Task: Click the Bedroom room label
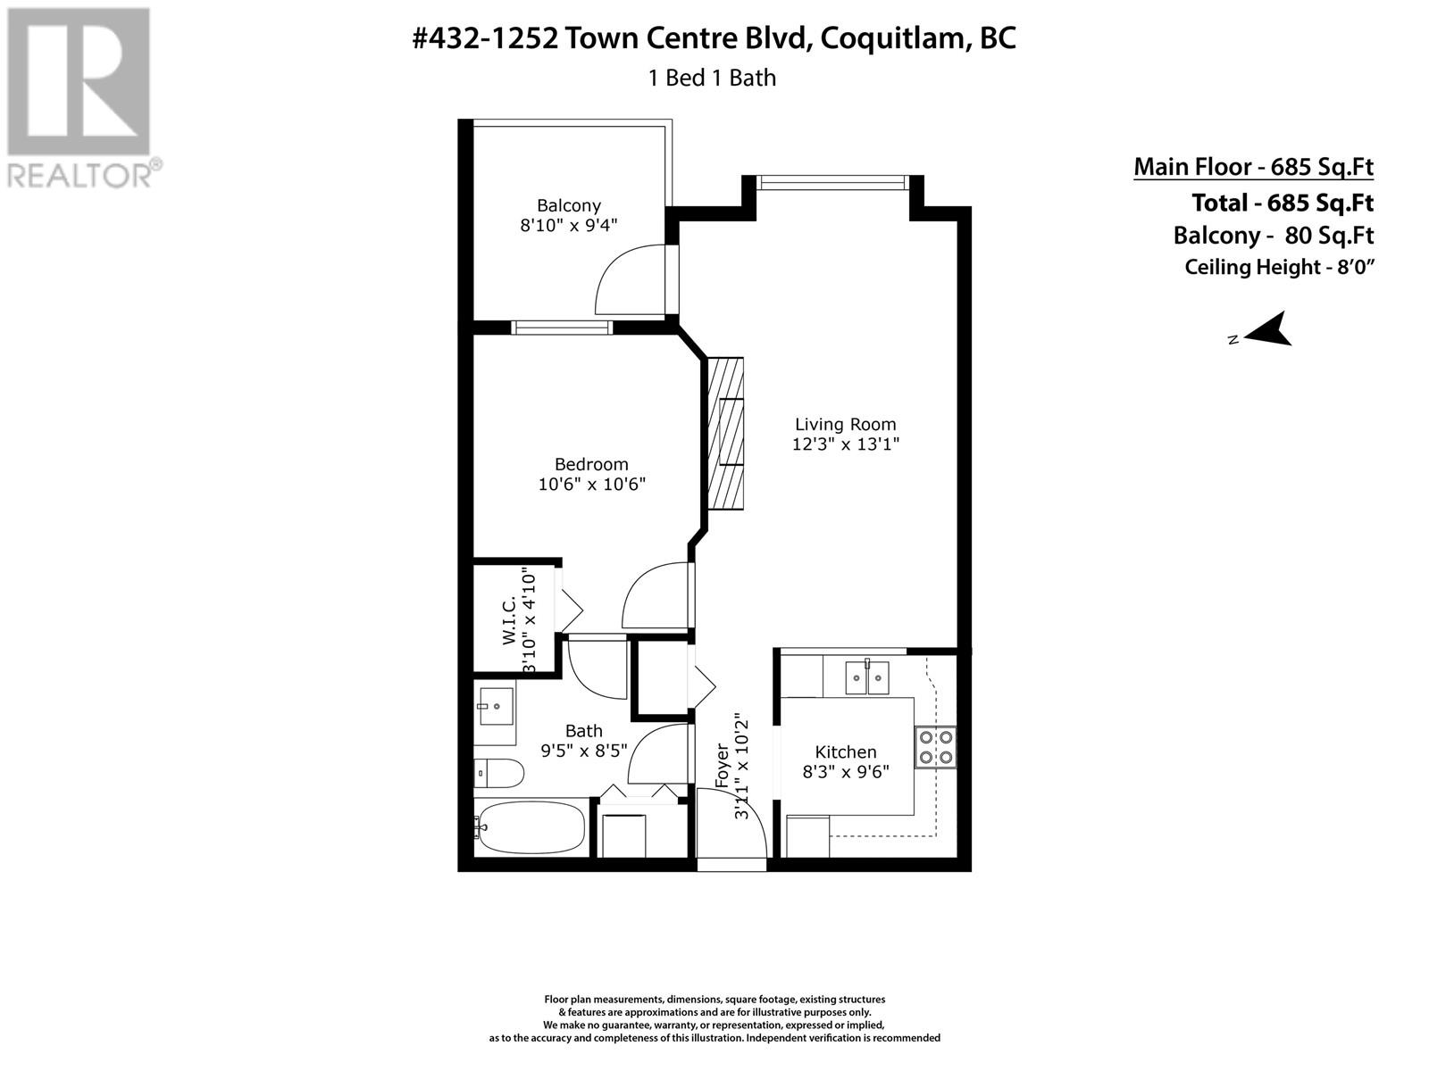pos(591,464)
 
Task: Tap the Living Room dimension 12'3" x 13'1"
pos(845,444)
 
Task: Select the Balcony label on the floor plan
pos(568,205)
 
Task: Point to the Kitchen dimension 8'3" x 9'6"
pos(845,772)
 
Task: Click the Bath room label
pos(583,731)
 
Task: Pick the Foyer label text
pos(722,766)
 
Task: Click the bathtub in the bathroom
pos(530,827)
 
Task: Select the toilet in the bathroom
pos(498,773)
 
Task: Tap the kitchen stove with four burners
pos(935,747)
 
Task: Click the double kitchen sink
pos(867,677)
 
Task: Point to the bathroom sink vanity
pos(495,713)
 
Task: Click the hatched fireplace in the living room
pos(725,433)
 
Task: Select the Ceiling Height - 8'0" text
pos(1279,267)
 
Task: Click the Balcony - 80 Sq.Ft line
pos(1273,235)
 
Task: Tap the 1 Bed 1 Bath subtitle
pos(712,78)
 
